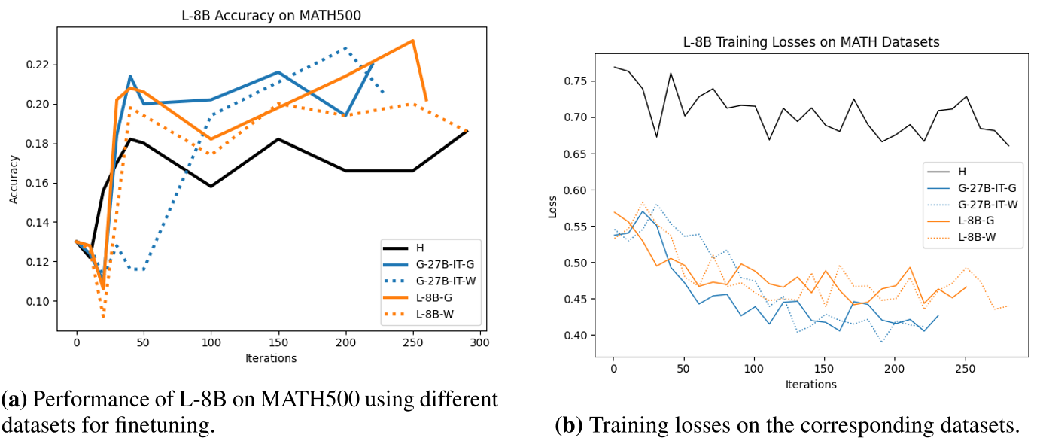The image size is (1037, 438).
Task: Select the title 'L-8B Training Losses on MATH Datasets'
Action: (811, 43)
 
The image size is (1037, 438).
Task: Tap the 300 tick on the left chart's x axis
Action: (479, 342)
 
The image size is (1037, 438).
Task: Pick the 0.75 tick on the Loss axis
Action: (576, 81)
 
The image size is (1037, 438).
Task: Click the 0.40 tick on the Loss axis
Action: (576, 336)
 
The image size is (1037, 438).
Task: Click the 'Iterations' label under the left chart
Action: (271, 358)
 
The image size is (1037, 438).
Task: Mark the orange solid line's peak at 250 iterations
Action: (412, 41)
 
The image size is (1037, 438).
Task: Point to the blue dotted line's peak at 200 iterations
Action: (345, 48)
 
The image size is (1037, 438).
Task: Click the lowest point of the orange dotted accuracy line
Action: (104, 317)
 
